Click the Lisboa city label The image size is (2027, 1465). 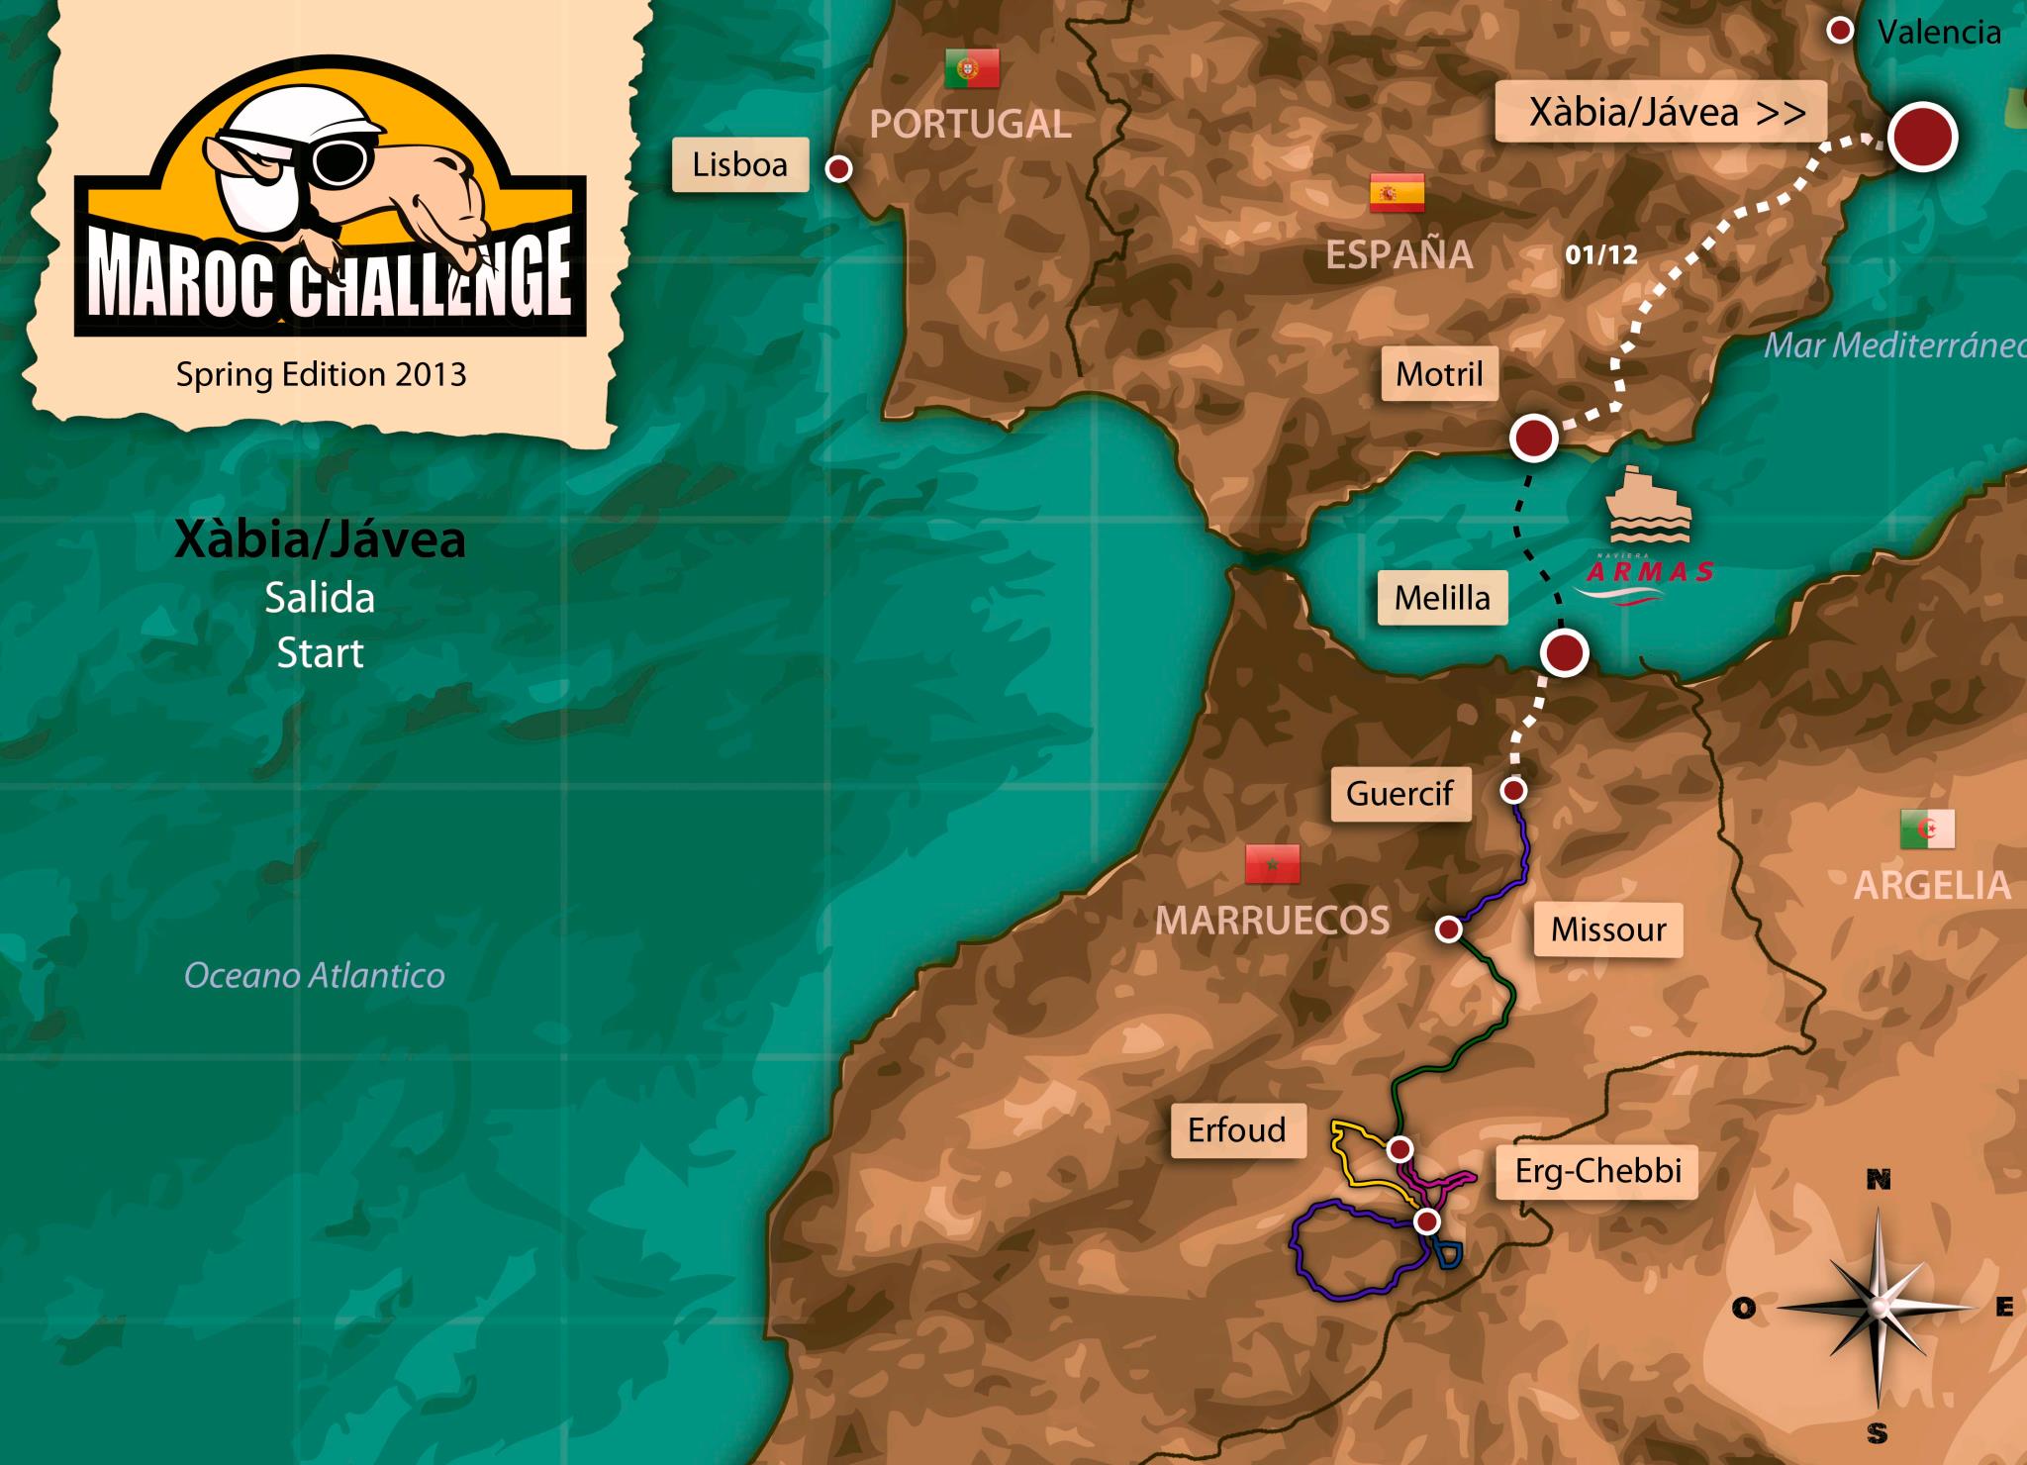click(x=739, y=164)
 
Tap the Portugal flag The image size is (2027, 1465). click(x=971, y=68)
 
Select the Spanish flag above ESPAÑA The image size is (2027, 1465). click(x=1397, y=193)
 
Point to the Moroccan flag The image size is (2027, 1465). click(x=1272, y=864)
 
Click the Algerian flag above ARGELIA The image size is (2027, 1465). click(x=1927, y=829)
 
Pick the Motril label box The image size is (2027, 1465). click(x=1439, y=374)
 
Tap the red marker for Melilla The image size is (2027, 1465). click(x=1565, y=652)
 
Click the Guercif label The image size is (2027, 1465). click(x=1400, y=793)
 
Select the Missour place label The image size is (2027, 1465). click(x=1608, y=929)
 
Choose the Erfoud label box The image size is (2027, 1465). click(x=1236, y=1129)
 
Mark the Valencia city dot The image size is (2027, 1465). click(x=1840, y=32)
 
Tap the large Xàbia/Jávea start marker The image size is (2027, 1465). click(x=1922, y=137)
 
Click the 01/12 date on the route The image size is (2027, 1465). click(x=1601, y=255)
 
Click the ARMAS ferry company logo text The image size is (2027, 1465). click(x=1650, y=571)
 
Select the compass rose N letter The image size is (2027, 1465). click(x=1878, y=1180)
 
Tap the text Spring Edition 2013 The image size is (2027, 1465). click(x=321, y=374)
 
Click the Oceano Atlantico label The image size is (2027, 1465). click(x=315, y=976)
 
